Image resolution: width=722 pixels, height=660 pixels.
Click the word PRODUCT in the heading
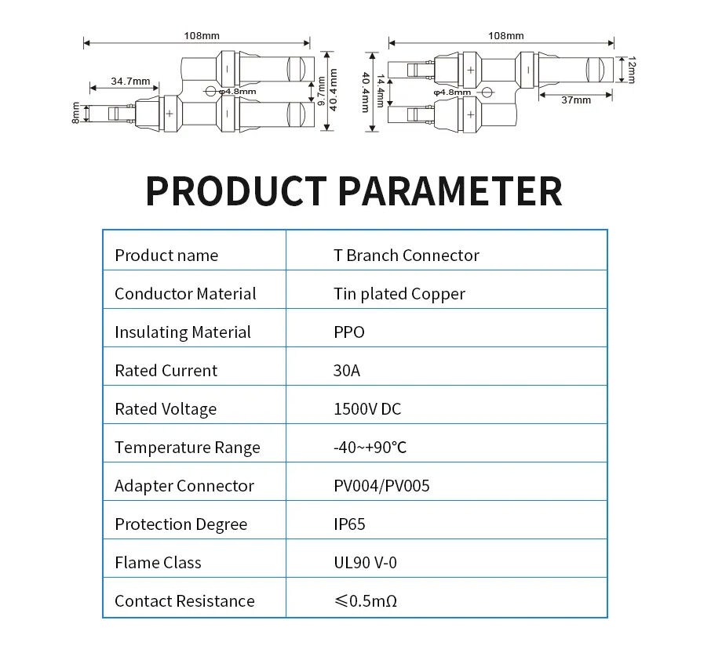235,191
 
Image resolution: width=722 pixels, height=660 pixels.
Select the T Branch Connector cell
406,256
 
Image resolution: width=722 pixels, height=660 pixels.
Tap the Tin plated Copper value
399,294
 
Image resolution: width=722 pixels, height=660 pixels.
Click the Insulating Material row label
183,332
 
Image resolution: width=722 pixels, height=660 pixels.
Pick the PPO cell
349,332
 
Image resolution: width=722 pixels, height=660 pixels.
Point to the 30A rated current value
347,371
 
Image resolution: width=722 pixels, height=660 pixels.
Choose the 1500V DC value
367,409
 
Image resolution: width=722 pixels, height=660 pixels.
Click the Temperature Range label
187,448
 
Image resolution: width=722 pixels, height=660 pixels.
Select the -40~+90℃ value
370,448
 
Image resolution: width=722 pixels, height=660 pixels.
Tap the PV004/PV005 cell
381,486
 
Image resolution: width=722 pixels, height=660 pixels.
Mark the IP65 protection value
349,524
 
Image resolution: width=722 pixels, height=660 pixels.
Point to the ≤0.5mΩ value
365,601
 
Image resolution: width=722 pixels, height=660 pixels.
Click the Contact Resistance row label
184,601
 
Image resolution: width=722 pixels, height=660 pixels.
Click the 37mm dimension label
576,100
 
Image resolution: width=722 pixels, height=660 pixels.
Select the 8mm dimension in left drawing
76,113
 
